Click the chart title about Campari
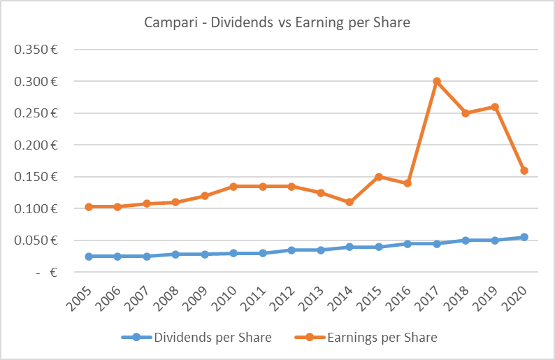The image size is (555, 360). [277, 22]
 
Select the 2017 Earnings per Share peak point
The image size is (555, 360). [437, 81]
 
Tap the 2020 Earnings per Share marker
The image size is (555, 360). [524, 171]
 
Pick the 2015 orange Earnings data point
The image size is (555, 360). [379, 177]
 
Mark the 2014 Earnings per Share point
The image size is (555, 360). [349, 202]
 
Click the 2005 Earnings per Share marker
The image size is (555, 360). [89, 207]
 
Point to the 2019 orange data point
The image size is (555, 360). [495, 107]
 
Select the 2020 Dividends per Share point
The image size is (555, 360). [524, 237]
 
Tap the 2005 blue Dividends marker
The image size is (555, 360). [89, 257]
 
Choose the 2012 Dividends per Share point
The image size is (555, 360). [291, 250]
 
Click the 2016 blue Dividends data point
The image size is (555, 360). [408, 244]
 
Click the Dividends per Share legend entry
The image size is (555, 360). [196, 338]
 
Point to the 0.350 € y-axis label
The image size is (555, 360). [39, 50]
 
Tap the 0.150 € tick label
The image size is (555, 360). [39, 177]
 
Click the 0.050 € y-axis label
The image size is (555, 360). [39, 240]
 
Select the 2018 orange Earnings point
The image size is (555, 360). [466, 113]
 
